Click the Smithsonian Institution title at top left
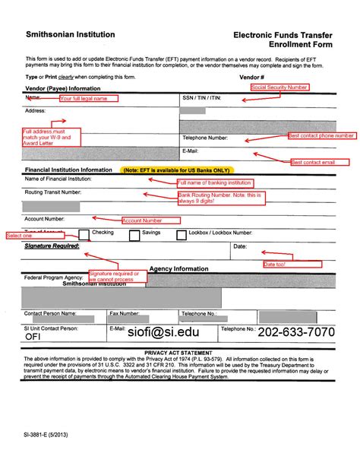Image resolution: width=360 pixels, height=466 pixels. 71,34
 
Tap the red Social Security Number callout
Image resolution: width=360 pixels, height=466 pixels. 279,87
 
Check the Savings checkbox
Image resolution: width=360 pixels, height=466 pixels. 134,236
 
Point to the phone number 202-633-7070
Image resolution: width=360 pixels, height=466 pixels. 297,332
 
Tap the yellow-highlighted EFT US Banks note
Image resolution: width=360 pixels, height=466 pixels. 180,170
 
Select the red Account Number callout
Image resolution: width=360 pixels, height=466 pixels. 143,220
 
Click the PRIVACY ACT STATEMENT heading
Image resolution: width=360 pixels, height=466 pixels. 179,353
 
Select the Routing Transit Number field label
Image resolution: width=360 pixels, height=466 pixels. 52,193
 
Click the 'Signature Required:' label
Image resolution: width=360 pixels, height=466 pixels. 52,246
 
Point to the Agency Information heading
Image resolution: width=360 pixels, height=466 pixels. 180,270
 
